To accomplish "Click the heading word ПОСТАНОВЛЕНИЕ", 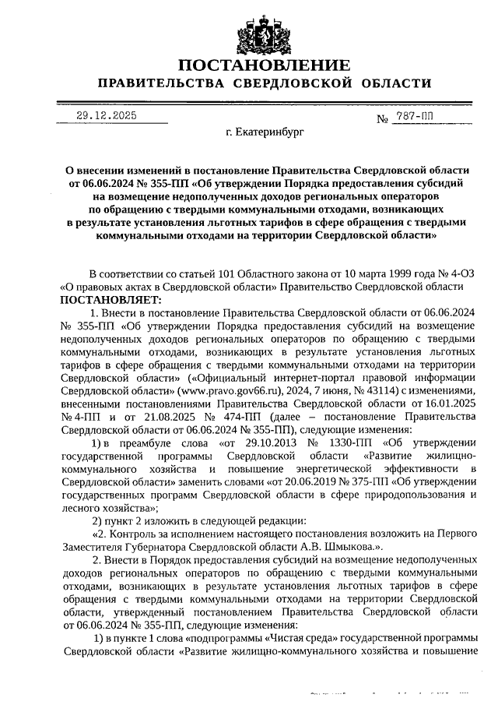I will (x=264, y=65).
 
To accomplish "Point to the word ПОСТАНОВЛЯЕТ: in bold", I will (x=110, y=299).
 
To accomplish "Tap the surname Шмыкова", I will (x=351, y=548).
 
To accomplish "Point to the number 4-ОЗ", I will (x=458, y=274).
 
